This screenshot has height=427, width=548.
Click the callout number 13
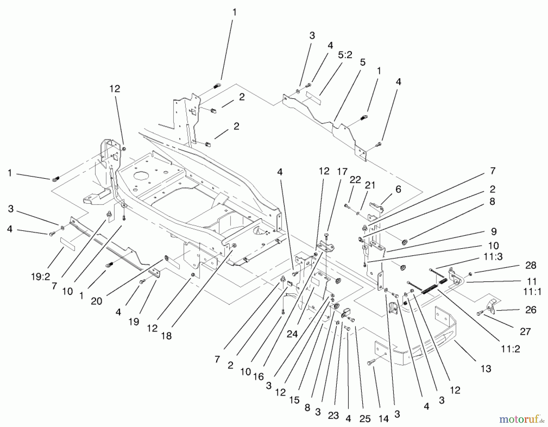click(486, 369)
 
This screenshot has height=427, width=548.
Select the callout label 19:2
click(40, 277)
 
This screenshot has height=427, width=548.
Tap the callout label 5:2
click(345, 55)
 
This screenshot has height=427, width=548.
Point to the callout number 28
click(531, 265)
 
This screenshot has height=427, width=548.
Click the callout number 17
click(342, 172)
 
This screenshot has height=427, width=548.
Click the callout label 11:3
click(493, 257)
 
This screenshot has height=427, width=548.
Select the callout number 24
click(292, 334)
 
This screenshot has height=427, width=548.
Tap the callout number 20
click(97, 301)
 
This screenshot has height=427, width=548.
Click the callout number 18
click(167, 336)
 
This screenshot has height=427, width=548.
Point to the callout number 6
click(399, 189)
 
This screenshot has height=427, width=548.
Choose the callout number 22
click(355, 180)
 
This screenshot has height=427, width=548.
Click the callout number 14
click(384, 419)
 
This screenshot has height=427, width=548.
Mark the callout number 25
click(365, 419)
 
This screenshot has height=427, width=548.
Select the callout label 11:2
click(511, 349)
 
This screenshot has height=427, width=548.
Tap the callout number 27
click(525, 331)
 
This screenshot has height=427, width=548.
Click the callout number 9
click(494, 231)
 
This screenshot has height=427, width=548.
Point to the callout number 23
click(334, 416)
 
